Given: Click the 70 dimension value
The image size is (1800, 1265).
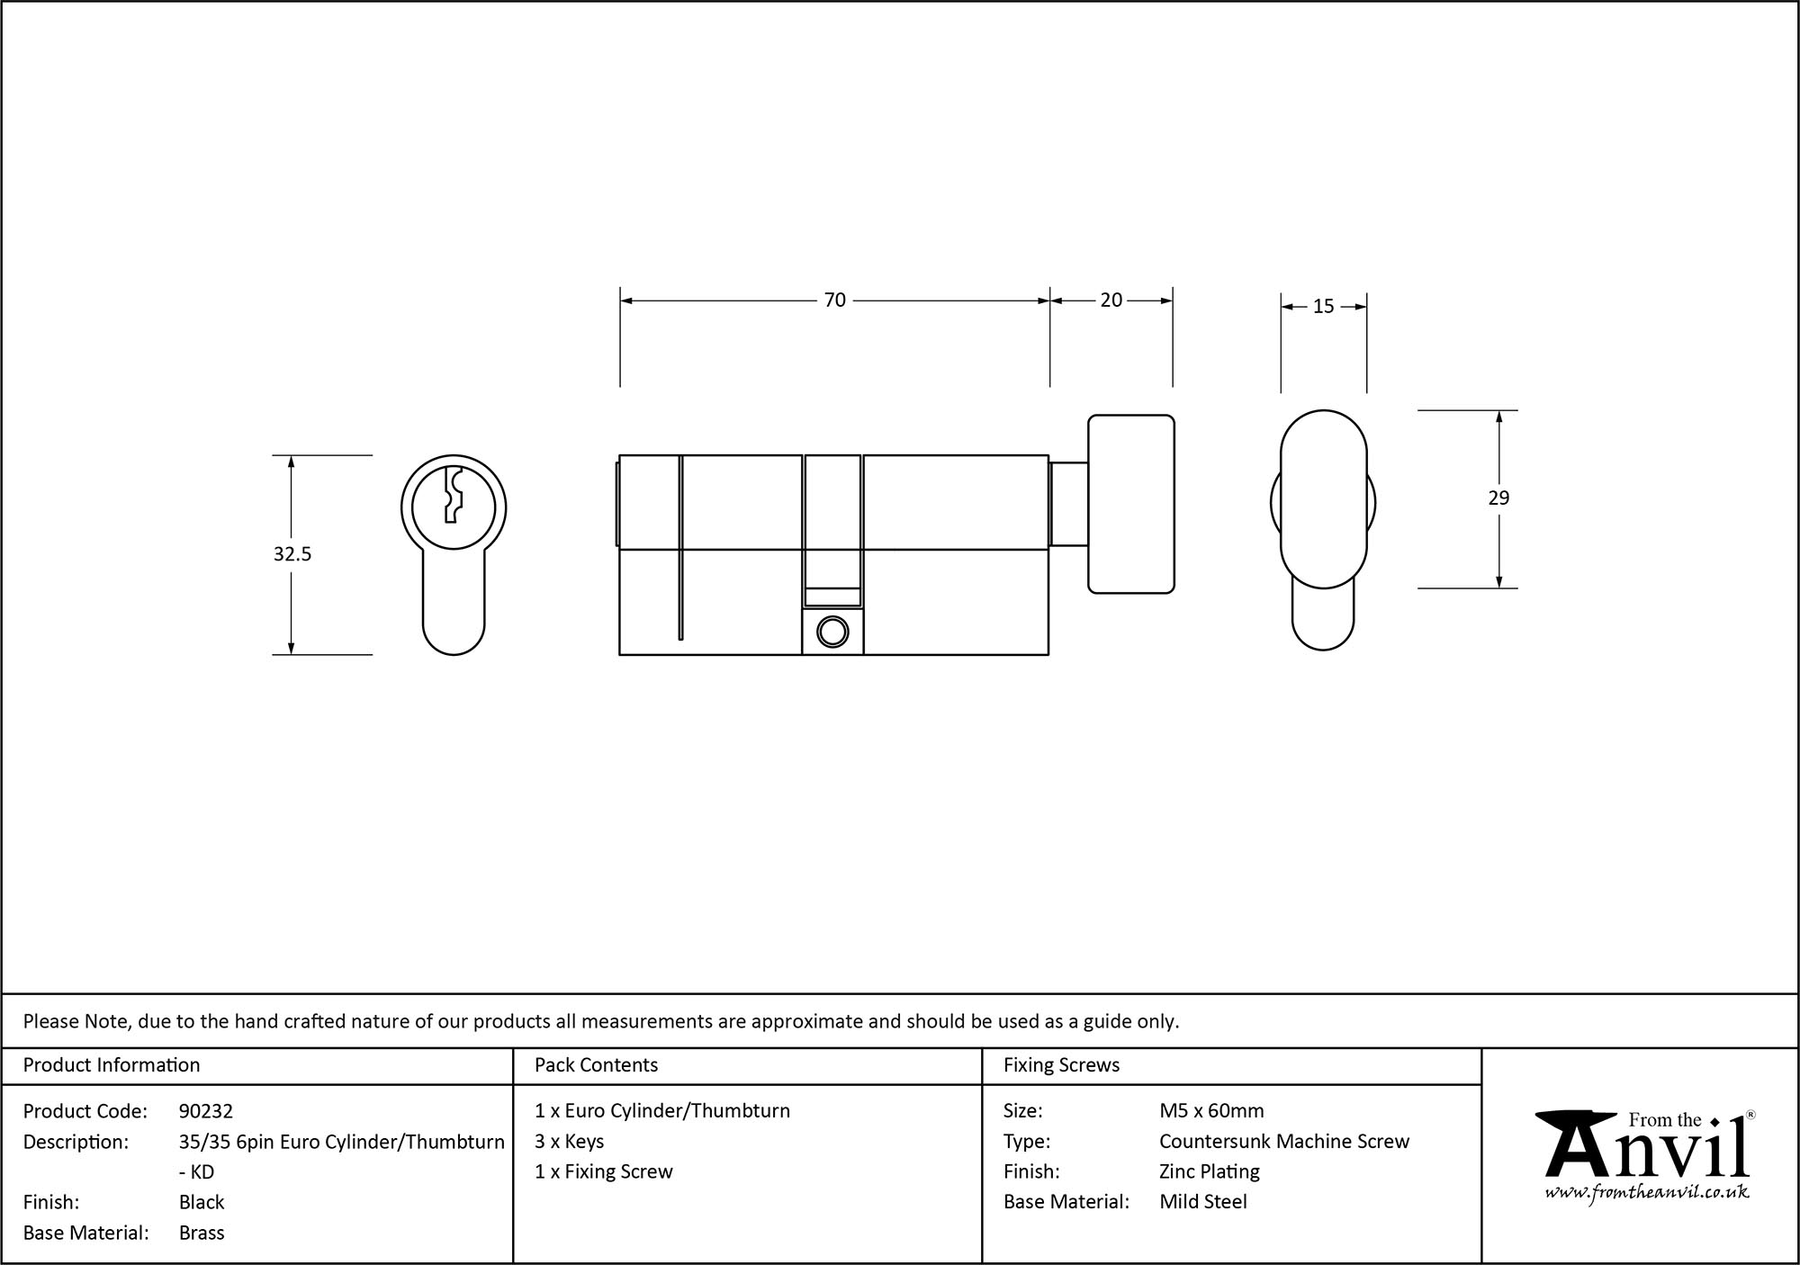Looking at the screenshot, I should [x=834, y=301].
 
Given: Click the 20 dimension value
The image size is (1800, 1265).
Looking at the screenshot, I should [x=1111, y=301].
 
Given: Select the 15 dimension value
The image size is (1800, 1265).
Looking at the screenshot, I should [x=1322, y=307].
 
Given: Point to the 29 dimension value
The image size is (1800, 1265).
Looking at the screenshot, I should [x=1498, y=498].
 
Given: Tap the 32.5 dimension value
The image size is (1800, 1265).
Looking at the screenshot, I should [x=292, y=554].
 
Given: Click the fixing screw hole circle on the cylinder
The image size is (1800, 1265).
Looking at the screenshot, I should [x=832, y=632].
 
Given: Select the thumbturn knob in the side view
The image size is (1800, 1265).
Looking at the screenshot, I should [x=1130, y=504].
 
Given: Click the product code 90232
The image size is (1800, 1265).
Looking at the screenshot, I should [x=205, y=1111].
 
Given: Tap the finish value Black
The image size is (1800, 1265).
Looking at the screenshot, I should [x=202, y=1202].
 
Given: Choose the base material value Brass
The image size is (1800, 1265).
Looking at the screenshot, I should [x=202, y=1233].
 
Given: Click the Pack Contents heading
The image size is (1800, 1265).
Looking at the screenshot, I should [x=596, y=1065].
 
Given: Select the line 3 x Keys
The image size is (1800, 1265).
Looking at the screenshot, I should [x=569, y=1141].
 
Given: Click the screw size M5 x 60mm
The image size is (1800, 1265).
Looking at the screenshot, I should [x=1211, y=1111].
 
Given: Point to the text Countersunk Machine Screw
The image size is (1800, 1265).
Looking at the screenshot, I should [x=1283, y=1141].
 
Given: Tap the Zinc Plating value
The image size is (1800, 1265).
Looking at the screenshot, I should [x=1209, y=1171].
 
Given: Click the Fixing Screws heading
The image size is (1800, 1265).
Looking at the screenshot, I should [x=1061, y=1065].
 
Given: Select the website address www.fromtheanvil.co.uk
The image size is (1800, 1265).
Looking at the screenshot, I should [x=1646, y=1193].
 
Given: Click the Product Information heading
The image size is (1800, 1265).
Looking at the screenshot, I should [x=112, y=1065].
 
